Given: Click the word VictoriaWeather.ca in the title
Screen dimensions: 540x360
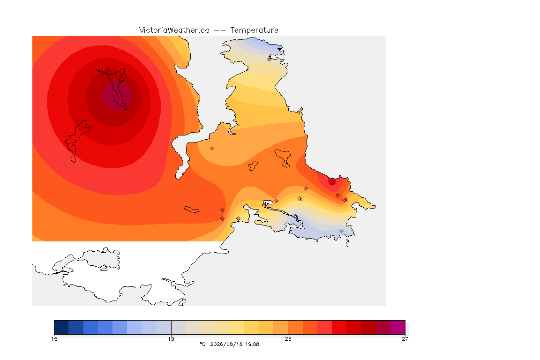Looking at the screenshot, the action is click(x=174, y=30).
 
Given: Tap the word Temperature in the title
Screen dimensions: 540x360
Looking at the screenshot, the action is click(x=254, y=30).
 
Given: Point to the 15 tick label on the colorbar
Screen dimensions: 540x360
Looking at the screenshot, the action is click(x=54, y=339).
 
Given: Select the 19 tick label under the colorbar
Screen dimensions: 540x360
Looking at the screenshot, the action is click(x=171, y=339).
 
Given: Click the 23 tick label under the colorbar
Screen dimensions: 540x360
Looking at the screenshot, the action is click(x=288, y=339).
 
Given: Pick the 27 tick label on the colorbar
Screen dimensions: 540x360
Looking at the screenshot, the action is click(x=405, y=339).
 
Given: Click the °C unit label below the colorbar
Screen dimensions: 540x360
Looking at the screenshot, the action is click(x=202, y=344).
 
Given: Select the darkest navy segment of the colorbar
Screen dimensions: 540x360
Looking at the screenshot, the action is click(x=61, y=327).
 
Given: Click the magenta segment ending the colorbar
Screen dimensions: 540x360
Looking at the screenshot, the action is click(x=398, y=327).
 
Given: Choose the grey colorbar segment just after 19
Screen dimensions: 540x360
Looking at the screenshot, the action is click(x=179, y=327).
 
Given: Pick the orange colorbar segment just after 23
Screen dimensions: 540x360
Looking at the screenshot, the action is click(x=295, y=327).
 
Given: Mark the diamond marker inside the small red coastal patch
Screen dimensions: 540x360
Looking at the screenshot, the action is click(x=332, y=183).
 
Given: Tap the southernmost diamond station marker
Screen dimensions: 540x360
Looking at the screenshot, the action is click(x=341, y=231).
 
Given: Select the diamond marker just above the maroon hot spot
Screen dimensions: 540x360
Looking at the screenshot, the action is click(x=108, y=69).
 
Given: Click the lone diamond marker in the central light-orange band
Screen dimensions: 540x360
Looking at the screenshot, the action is click(x=212, y=149).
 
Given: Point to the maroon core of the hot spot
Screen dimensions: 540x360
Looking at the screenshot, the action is click(x=117, y=97).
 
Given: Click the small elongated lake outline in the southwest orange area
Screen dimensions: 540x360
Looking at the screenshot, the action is click(x=192, y=210).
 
